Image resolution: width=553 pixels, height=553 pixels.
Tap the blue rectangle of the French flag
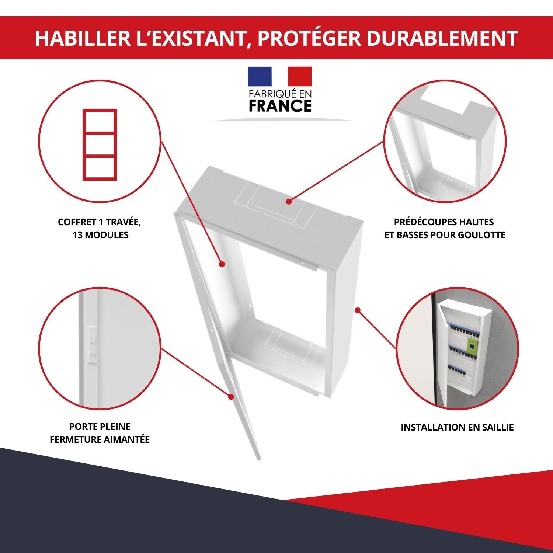click(x=260, y=76)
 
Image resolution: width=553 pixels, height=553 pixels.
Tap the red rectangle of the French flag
click(x=300, y=76)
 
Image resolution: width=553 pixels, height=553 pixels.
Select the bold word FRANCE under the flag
click(x=280, y=106)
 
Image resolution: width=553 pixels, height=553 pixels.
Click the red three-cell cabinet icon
click(x=100, y=145)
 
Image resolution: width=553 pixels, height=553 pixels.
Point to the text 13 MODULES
click(x=100, y=235)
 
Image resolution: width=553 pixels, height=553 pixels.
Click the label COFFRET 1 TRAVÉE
click(x=100, y=222)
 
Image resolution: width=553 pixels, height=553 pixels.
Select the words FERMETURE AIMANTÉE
click(x=100, y=439)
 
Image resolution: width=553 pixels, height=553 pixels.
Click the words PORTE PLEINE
click(x=100, y=427)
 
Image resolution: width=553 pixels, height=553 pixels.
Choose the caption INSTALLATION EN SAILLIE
click(x=457, y=427)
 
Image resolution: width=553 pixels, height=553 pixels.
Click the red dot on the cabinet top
click(x=289, y=201)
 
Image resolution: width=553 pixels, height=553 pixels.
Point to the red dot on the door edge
click(x=231, y=397)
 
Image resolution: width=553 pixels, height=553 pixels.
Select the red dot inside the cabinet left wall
click(x=222, y=264)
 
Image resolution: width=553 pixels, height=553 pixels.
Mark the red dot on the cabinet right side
click(x=357, y=310)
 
